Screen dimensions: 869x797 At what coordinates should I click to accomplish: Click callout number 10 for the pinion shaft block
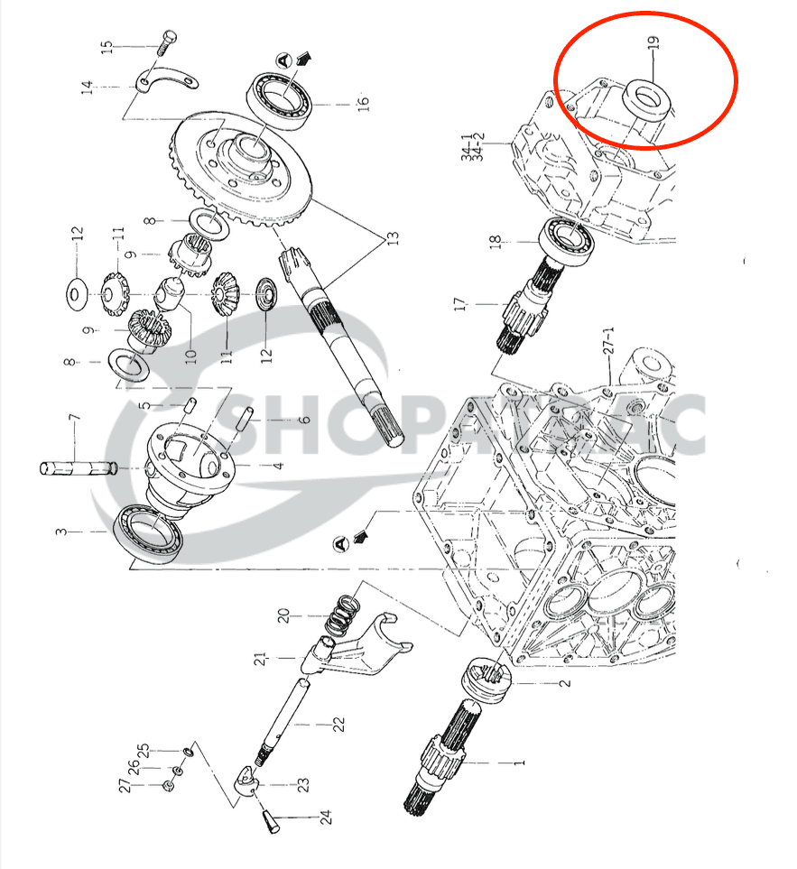pyautogui.click(x=190, y=351)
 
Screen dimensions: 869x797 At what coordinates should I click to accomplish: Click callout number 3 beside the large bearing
pyautogui.click(x=60, y=532)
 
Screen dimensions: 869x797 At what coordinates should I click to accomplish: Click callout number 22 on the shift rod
pyautogui.click(x=338, y=725)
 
